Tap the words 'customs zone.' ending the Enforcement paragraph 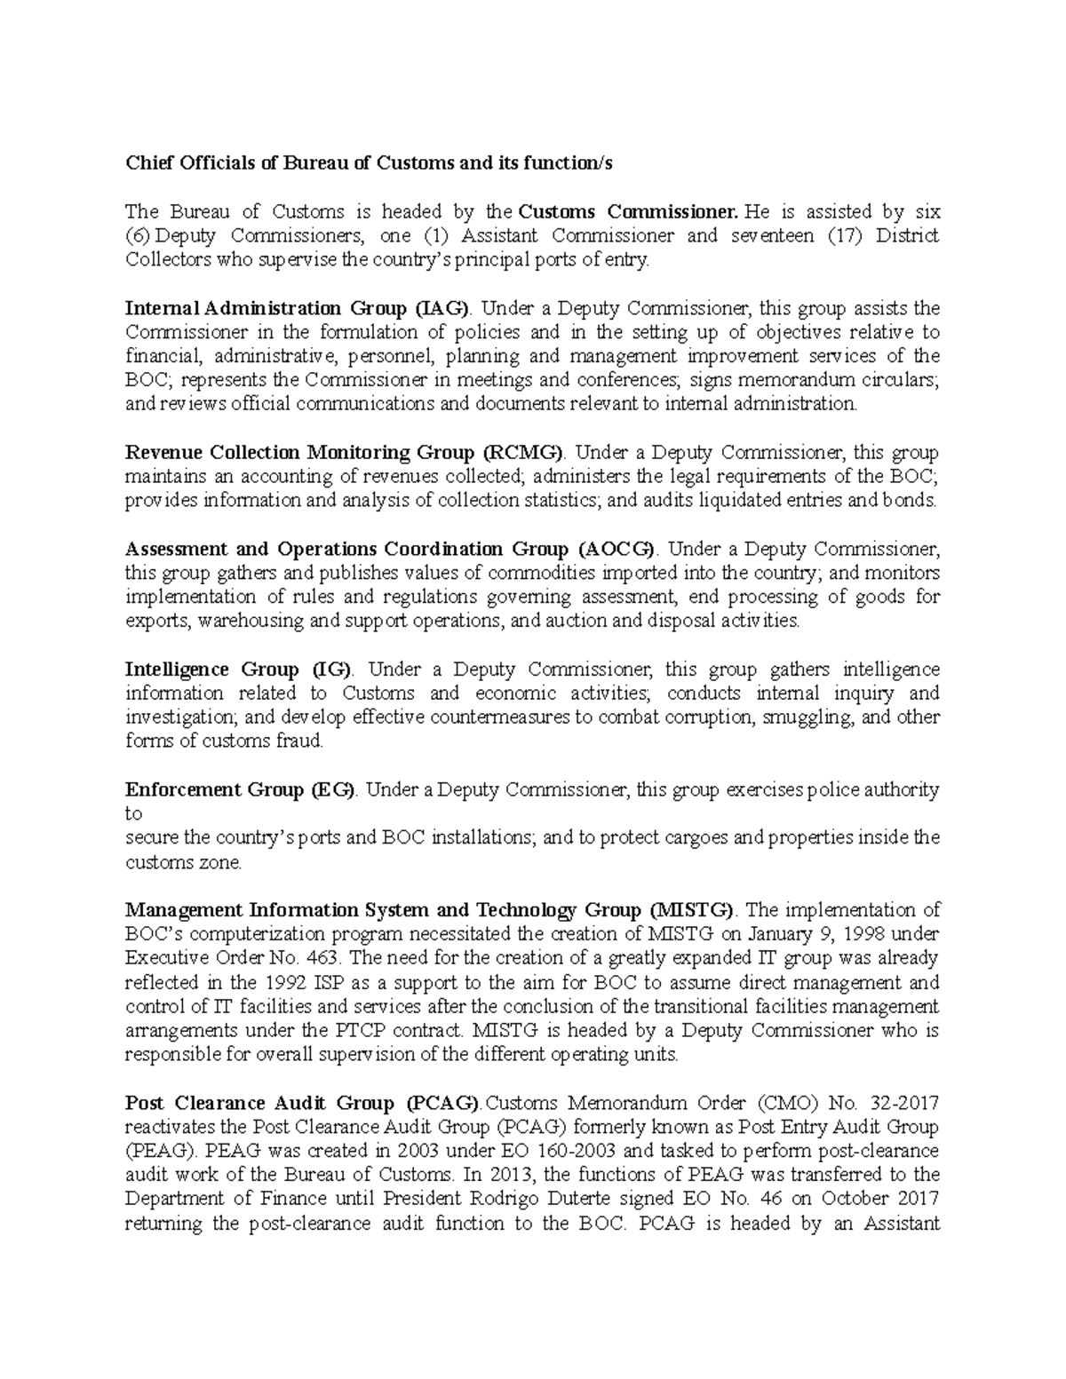(183, 862)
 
